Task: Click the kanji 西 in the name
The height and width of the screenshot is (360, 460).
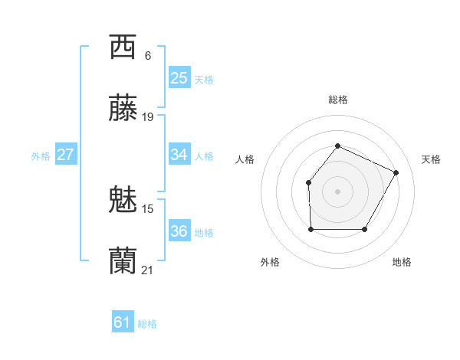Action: tap(123, 47)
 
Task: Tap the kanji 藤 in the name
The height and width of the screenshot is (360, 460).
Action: tap(123, 110)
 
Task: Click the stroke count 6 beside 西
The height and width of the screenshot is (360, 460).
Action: tap(148, 55)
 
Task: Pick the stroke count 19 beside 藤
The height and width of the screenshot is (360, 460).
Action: tap(149, 117)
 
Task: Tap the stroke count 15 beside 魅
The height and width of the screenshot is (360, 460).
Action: tap(148, 208)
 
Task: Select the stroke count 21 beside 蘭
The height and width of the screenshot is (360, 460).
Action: tap(148, 270)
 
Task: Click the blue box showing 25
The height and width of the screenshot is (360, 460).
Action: tap(179, 78)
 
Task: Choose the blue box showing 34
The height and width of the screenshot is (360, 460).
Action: tap(179, 155)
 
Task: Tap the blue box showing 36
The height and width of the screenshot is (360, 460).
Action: tap(179, 231)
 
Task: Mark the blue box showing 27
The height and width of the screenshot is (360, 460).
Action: tap(65, 155)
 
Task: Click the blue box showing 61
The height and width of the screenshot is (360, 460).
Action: tap(123, 322)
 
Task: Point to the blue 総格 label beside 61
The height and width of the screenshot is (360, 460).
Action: tap(147, 324)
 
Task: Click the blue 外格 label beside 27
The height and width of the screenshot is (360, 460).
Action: tap(41, 156)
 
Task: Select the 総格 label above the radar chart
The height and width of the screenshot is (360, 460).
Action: tap(337, 100)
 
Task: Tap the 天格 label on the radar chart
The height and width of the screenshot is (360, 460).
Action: tap(431, 159)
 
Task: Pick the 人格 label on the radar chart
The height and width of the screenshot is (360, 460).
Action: tap(245, 159)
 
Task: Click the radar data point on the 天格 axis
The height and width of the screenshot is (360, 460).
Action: tap(396, 172)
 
